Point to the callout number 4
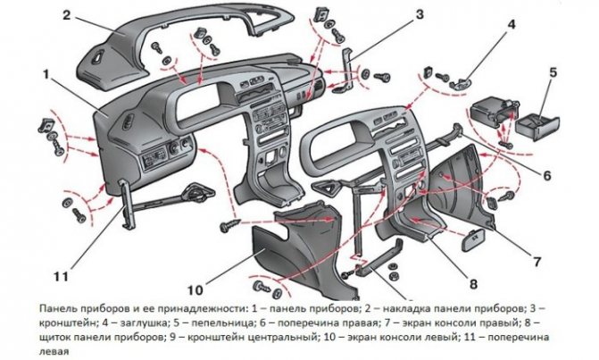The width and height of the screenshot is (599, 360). click(x=512, y=25)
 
